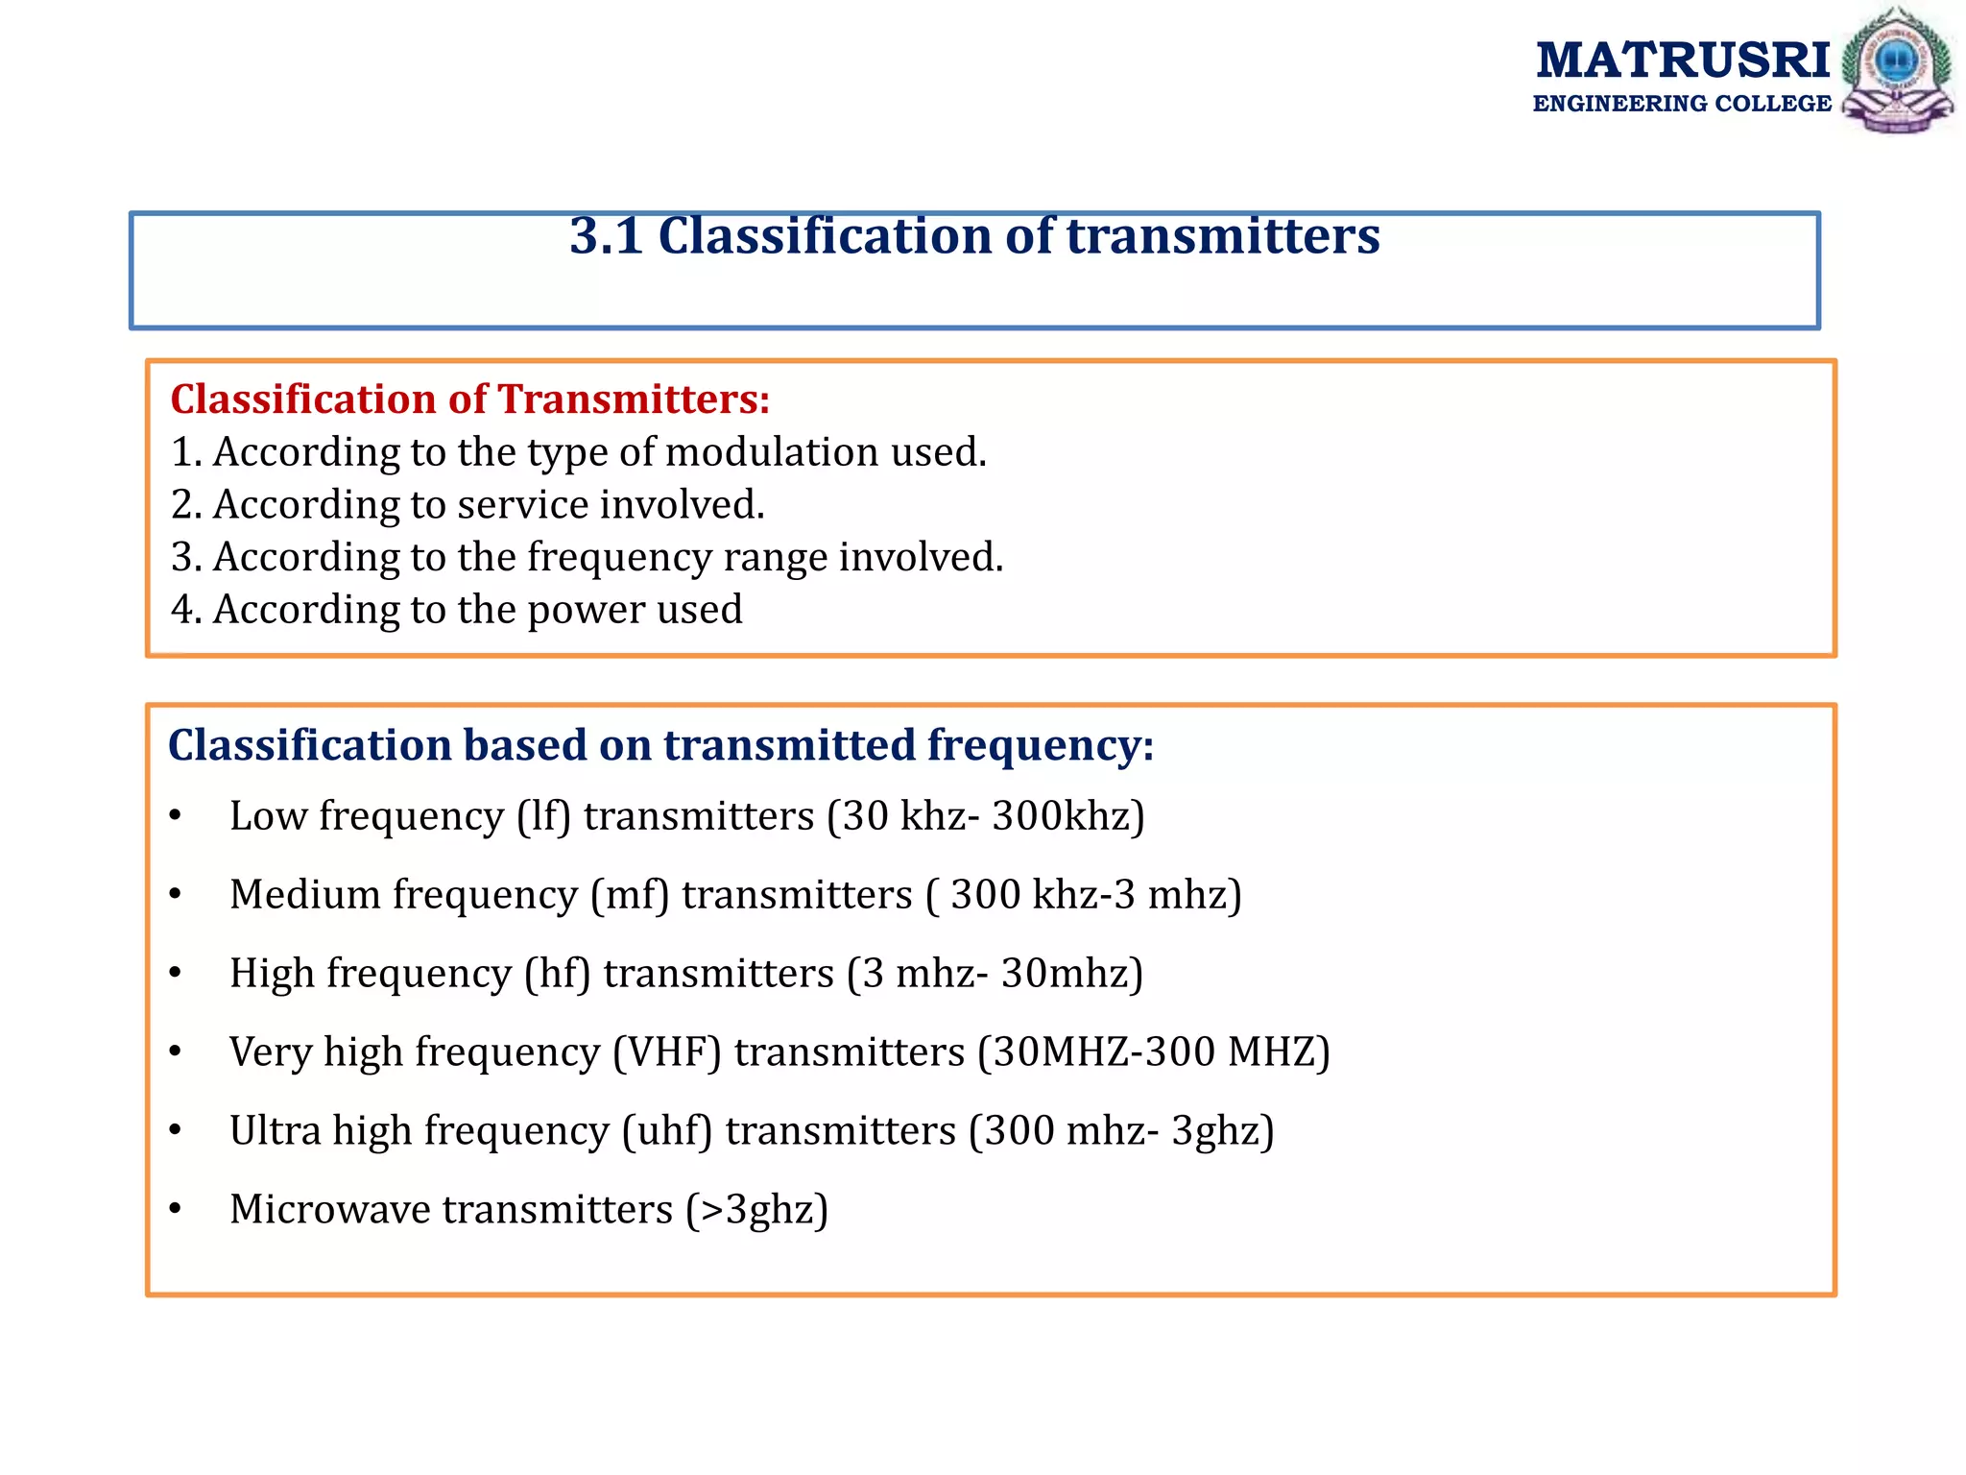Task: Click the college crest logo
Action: (1897, 69)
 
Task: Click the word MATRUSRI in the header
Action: (1683, 60)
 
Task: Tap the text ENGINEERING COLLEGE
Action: (1682, 104)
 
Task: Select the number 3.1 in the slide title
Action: (606, 236)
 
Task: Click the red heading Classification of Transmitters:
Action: (470, 399)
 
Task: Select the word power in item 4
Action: (586, 610)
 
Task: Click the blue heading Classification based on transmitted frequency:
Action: (660, 745)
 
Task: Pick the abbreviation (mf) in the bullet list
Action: (629, 895)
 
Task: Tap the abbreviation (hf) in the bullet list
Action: (557, 974)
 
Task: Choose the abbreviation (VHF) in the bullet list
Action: (666, 1052)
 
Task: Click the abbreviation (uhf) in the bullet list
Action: (666, 1131)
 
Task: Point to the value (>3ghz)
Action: (756, 1210)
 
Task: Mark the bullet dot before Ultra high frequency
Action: (175, 1131)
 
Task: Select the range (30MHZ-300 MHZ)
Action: (1153, 1052)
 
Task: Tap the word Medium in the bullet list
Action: (305, 895)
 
